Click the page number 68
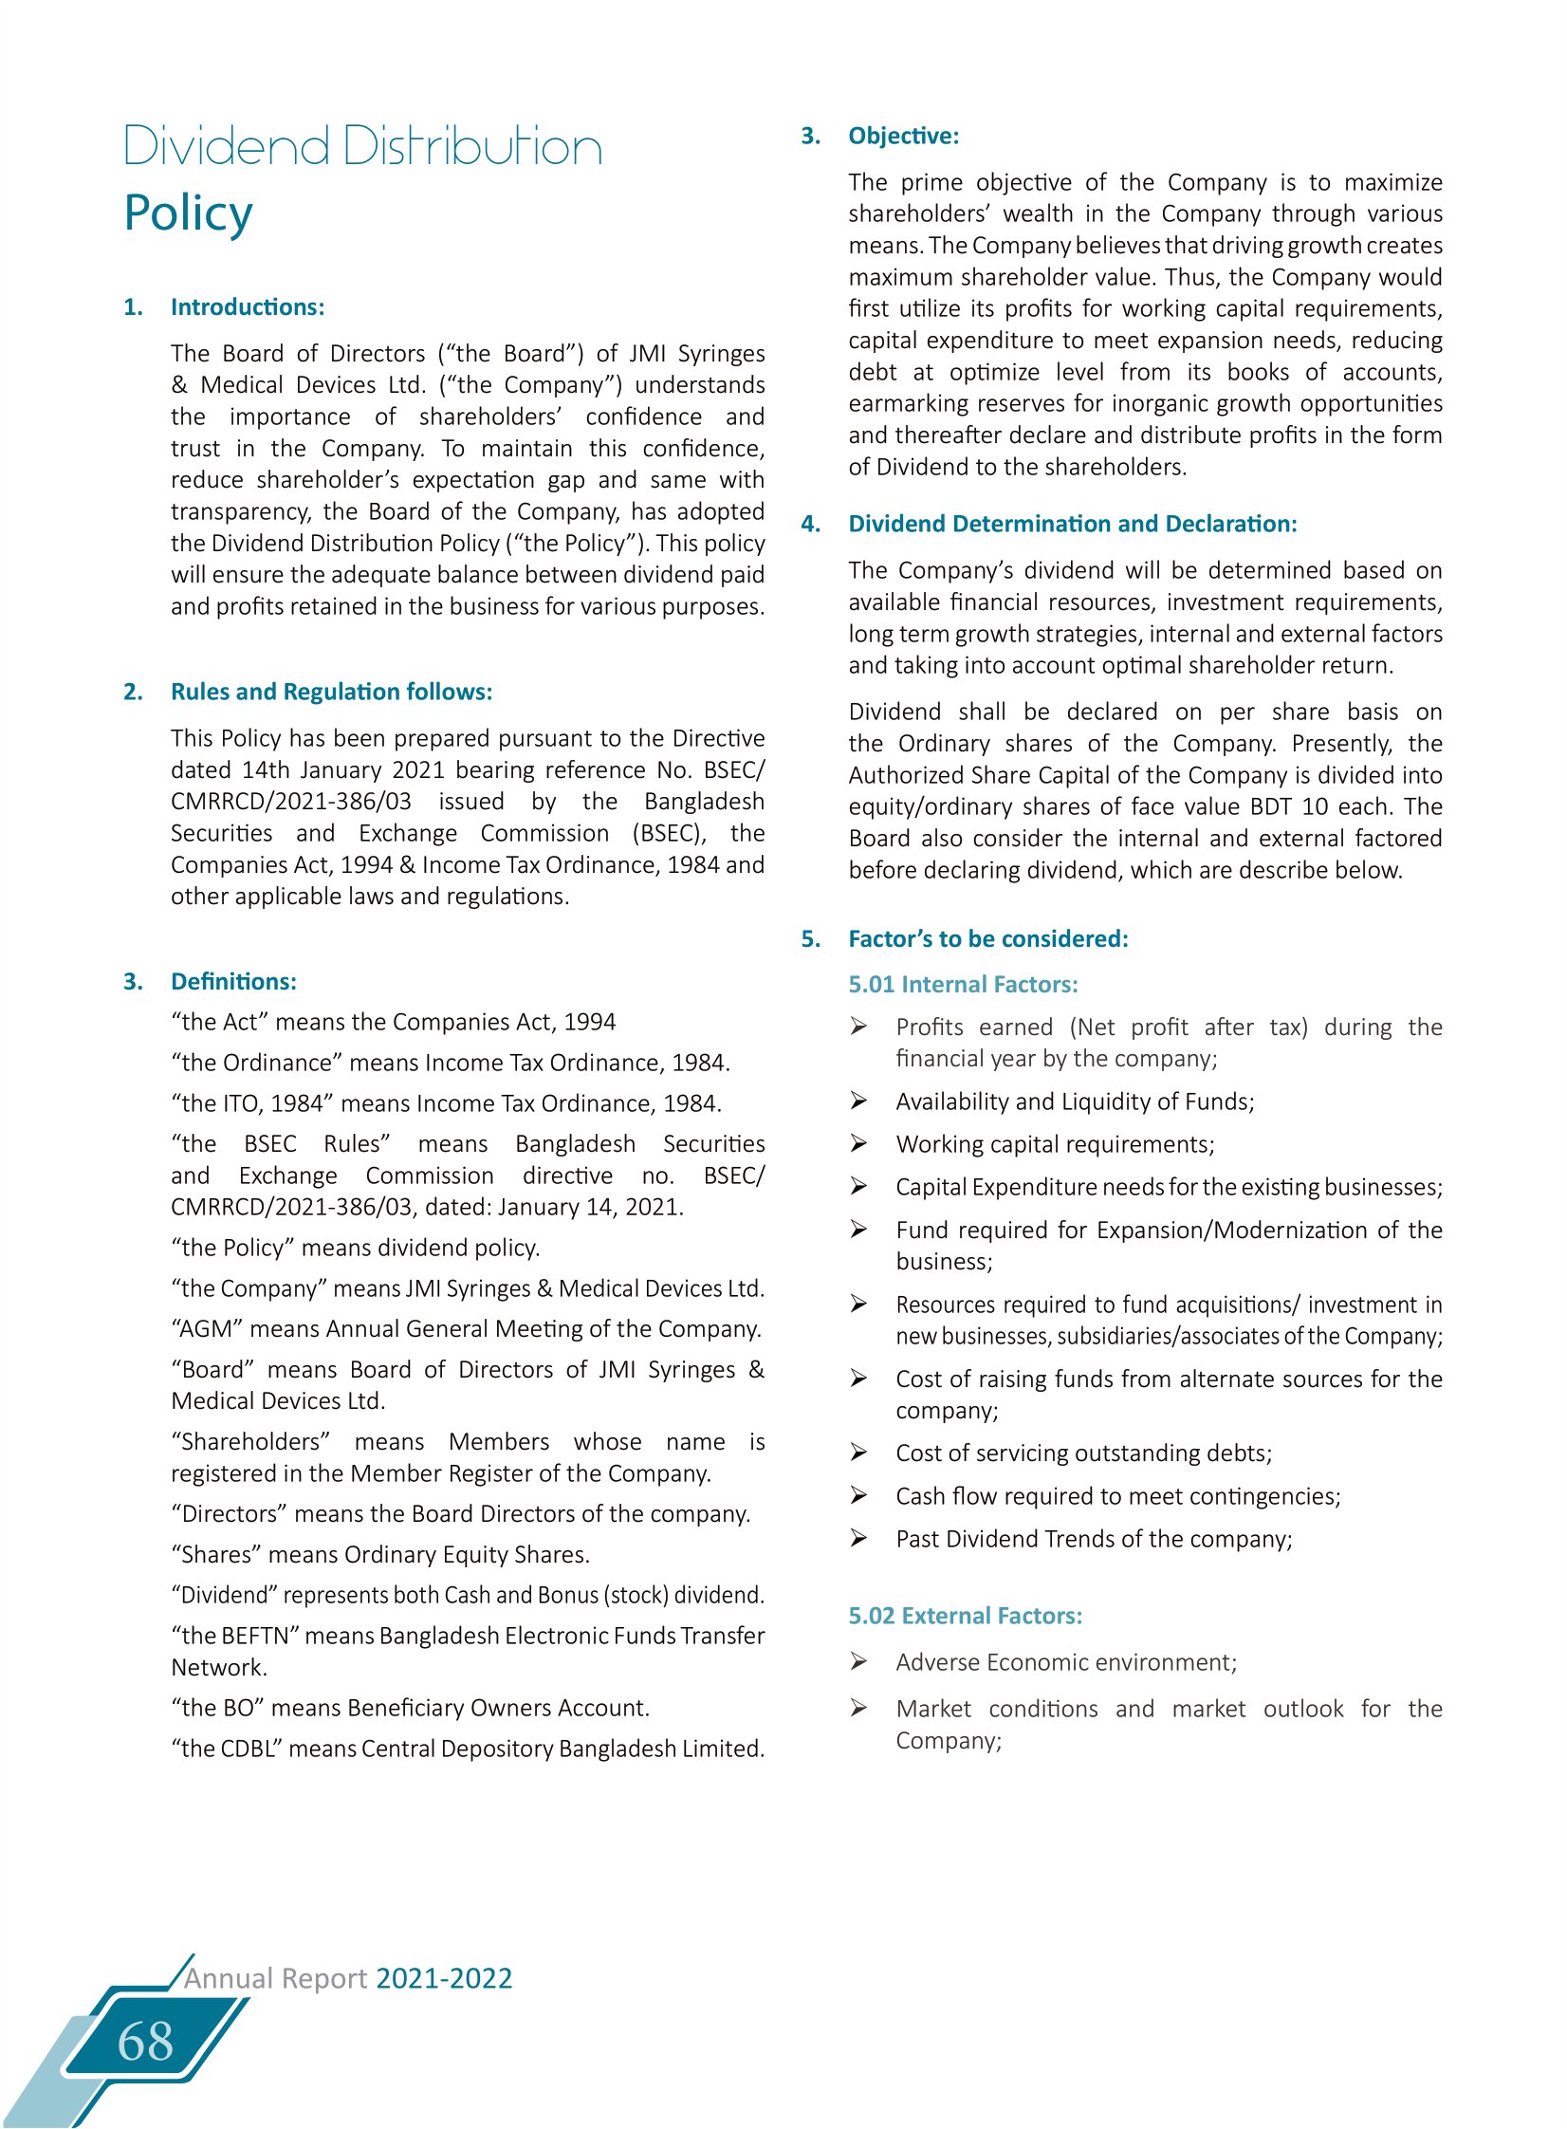pyautogui.click(x=145, y=2042)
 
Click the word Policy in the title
pyautogui.click(x=189, y=213)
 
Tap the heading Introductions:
pyautogui.click(x=248, y=307)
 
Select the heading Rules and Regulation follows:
pyautogui.click(x=331, y=692)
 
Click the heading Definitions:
pyautogui.click(x=233, y=981)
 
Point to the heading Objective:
pyautogui.click(x=903, y=136)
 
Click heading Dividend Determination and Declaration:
pyautogui.click(x=1072, y=524)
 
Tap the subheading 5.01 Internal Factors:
pyautogui.click(x=963, y=984)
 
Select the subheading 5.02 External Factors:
pyautogui.click(x=965, y=1616)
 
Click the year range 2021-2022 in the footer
pyautogui.click(x=444, y=1978)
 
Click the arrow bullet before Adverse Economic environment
pyautogui.click(x=858, y=1661)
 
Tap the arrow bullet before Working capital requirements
pyautogui.click(x=858, y=1143)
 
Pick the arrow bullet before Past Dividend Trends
pyautogui.click(x=858, y=1538)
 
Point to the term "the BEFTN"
pyautogui.click(x=234, y=1636)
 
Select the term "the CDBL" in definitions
pyautogui.click(x=226, y=1749)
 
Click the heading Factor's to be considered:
pyautogui.click(x=987, y=938)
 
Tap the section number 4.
pyautogui.click(x=810, y=524)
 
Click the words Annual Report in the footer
pyautogui.click(x=275, y=1978)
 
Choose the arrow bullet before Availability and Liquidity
pyautogui.click(x=858, y=1101)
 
